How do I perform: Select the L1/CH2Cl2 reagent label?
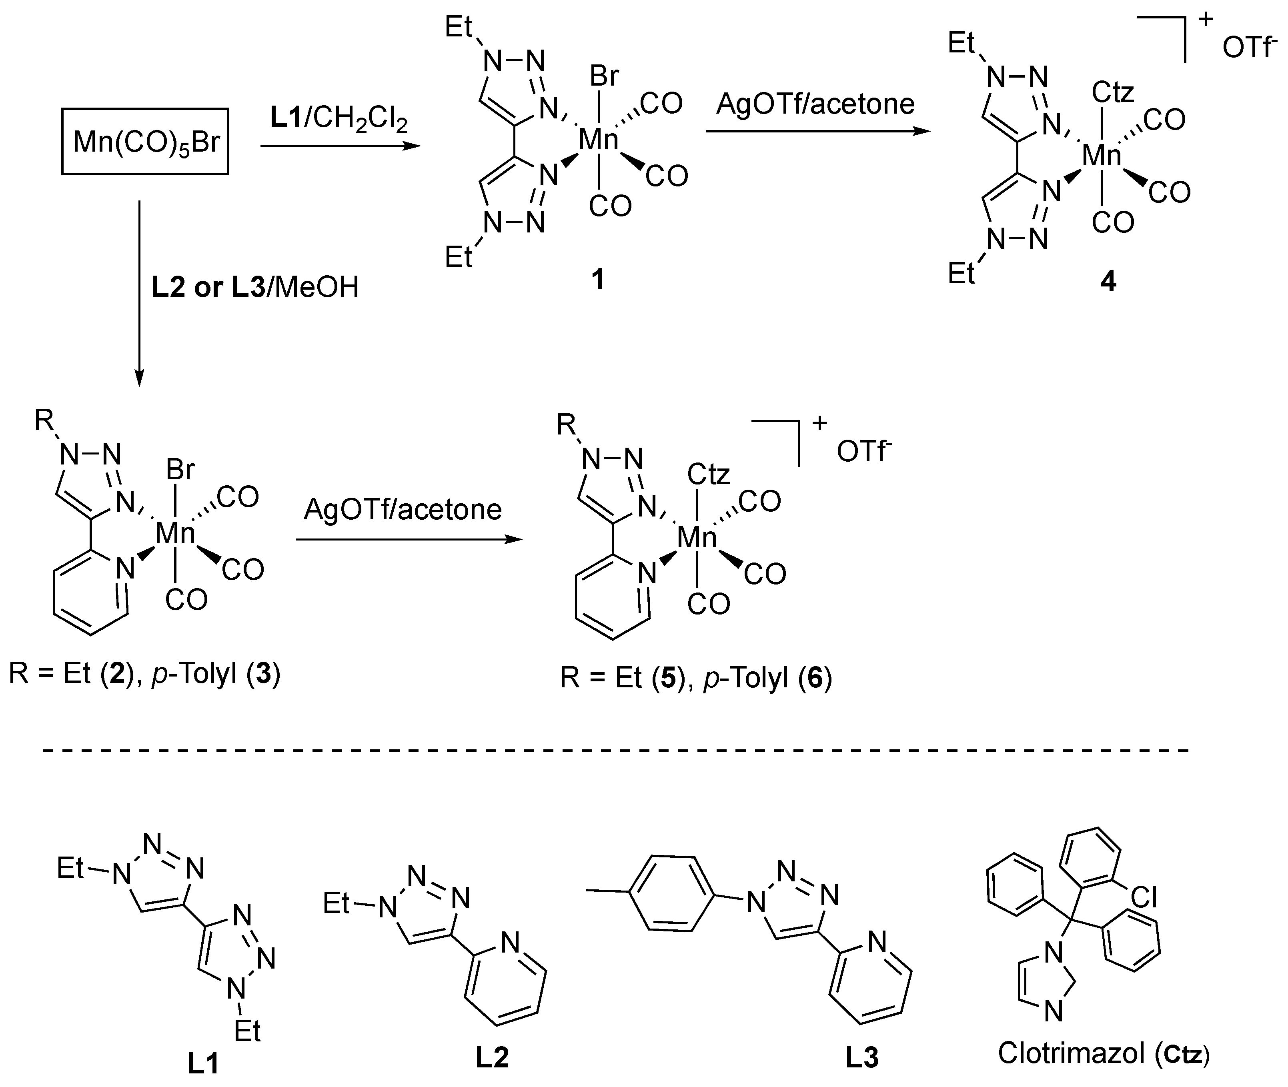click(339, 118)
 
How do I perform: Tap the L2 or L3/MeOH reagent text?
click(254, 287)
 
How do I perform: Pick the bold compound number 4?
click(1108, 282)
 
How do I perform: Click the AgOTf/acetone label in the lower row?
click(403, 510)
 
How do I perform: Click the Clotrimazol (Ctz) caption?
click(1103, 1053)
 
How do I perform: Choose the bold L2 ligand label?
click(492, 1057)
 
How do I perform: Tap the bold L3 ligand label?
click(861, 1057)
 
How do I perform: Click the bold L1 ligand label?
click(203, 1063)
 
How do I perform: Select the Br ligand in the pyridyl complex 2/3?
click(180, 470)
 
